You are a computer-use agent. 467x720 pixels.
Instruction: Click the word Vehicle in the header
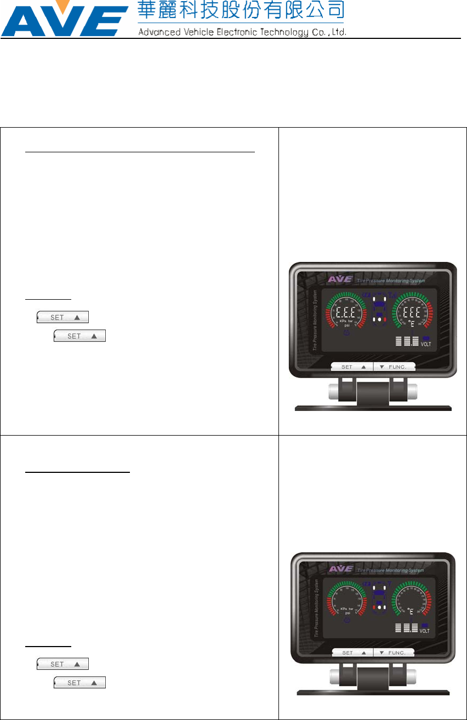click(188, 32)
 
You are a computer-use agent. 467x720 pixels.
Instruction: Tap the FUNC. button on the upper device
click(394, 367)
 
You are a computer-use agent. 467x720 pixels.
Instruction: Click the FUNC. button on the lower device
click(394, 653)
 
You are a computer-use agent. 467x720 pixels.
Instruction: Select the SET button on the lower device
click(352, 653)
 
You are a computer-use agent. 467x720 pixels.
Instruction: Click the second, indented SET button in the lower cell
click(79, 683)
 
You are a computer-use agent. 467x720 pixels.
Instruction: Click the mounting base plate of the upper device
click(373, 408)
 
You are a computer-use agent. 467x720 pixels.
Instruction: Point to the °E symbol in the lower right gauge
click(411, 610)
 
